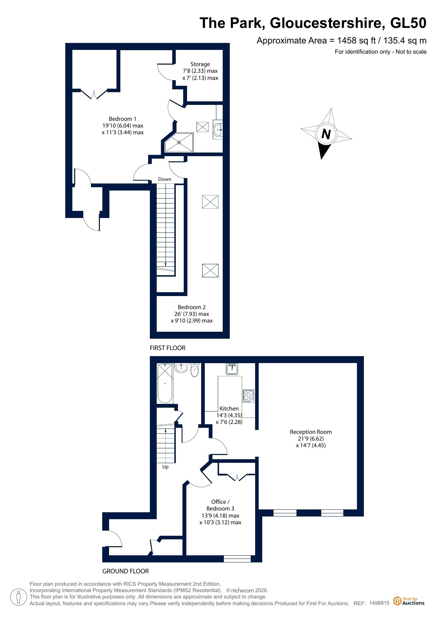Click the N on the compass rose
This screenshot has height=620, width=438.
tap(326, 134)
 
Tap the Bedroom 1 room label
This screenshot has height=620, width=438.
tap(122, 126)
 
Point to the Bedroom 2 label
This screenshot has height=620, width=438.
tap(192, 314)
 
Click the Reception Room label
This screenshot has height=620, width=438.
tap(311, 438)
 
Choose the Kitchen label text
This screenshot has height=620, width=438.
tap(229, 408)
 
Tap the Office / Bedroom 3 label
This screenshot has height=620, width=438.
tap(220, 512)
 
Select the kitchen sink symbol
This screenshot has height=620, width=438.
tap(232, 369)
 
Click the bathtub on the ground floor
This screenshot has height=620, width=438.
tap(165, 383)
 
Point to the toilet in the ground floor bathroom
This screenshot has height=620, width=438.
tap(194, 370)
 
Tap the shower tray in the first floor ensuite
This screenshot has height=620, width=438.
tap(179, 142)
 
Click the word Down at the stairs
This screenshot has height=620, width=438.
tap(164, 179)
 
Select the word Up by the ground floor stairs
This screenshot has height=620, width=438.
tap(165, 467)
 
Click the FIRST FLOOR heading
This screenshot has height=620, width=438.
tap(168, 348)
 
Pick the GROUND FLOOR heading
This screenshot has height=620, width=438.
tap(126, 571)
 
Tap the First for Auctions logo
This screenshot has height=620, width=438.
tap(409, 601)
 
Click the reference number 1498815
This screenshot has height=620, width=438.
tap(379, 603)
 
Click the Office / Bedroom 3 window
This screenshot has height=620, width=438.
tap(237, 559)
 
